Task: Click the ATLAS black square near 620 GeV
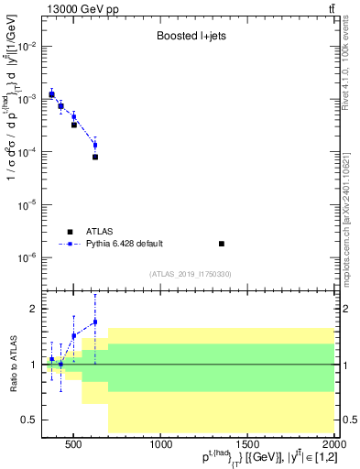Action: (x=95, y=157)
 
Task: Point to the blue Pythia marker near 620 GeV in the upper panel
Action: (x=95, y=145)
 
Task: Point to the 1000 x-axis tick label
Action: (x=161, y=445)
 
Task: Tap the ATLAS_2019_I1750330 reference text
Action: (x=191, y=274)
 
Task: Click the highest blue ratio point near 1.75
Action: (x=95, y=322)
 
